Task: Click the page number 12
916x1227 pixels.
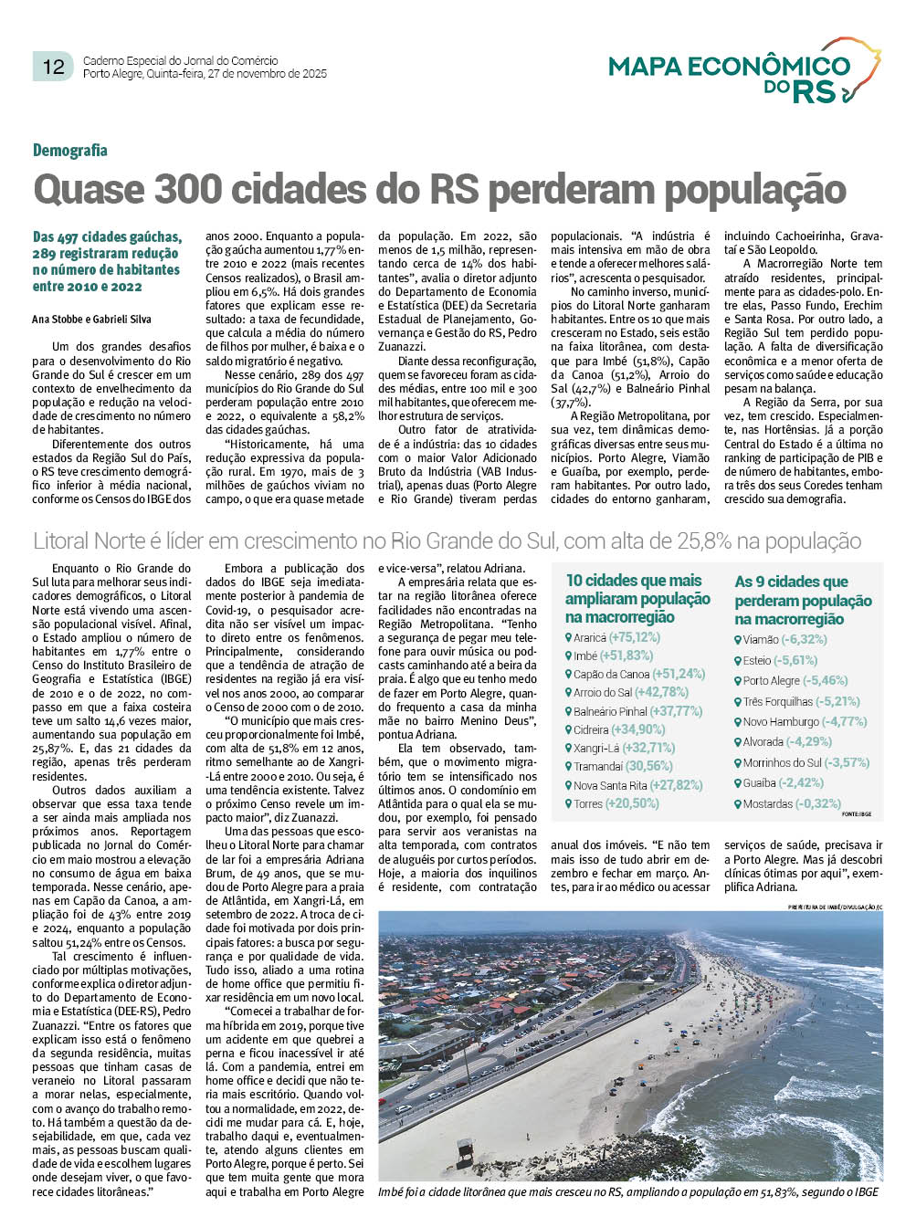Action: point(54,67)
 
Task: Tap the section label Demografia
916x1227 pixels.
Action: point(70,151)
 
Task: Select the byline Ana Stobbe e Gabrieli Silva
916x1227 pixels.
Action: point(91,320)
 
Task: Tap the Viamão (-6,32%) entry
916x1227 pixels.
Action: point(772,639)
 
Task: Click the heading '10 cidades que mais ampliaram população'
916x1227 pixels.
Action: point(637,599)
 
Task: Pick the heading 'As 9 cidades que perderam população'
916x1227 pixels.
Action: point(803,600)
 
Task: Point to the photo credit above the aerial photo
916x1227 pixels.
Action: point(835,907)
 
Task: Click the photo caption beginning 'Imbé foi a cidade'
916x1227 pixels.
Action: point(628,1191)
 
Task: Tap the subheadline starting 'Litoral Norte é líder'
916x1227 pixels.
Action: point(447,541)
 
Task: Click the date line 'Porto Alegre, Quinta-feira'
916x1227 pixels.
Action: point(205,74)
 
